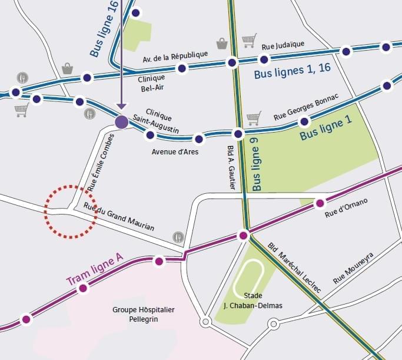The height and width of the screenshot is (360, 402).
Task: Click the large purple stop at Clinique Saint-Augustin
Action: (x=121, y=122)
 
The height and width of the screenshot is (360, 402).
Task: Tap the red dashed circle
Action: (x=71, y=212)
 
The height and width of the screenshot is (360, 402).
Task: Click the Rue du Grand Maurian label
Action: (x=119, y=217)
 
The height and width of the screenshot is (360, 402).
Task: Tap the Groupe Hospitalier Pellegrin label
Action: (x=144, y=314)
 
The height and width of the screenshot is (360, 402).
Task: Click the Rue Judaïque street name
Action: (x=283, y=45)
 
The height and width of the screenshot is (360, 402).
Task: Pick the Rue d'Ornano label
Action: (x=346, y=209)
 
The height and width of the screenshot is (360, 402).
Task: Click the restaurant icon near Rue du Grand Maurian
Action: (x=178, y=237)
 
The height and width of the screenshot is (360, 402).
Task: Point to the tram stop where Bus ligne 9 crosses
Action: (x=244, y=236)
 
